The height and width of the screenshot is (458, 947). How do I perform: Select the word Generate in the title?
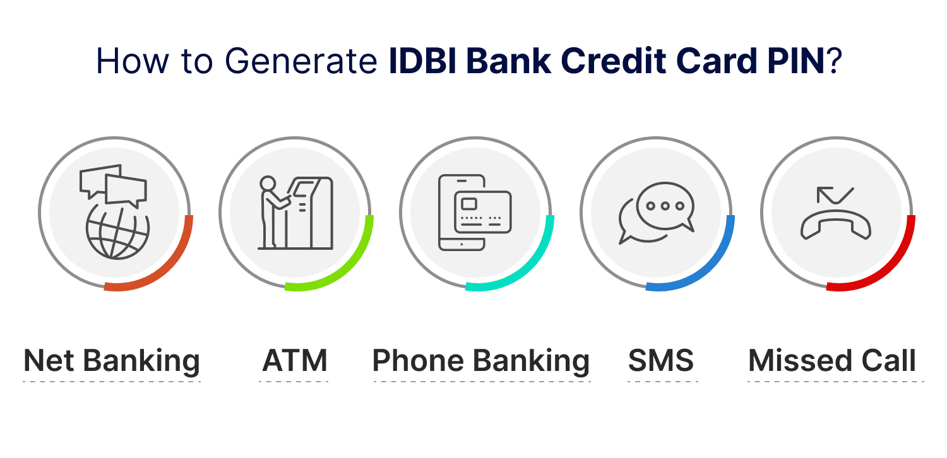point(297,61)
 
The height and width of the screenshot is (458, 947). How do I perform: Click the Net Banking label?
point(112,361)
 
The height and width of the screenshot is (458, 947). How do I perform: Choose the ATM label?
point(295,361)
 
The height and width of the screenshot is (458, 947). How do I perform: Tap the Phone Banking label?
point(481,361)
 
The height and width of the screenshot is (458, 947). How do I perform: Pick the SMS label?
point(661,361)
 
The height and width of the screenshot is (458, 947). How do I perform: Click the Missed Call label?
point(832,361)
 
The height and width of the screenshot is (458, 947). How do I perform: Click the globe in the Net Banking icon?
point(118,235)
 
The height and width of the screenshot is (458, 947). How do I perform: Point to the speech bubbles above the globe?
point(114,184)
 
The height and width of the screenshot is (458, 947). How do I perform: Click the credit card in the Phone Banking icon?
point(483,211)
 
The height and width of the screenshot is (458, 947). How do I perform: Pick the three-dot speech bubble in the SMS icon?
point(664,205)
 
